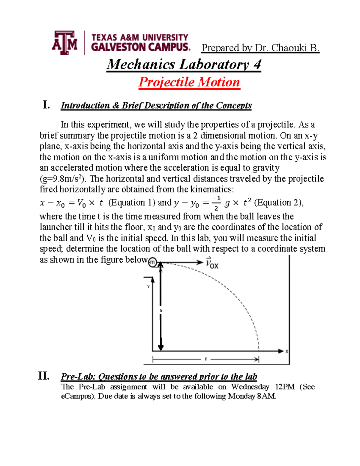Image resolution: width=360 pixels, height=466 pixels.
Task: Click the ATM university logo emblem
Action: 64,43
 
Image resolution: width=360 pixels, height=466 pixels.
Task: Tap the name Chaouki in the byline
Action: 289,48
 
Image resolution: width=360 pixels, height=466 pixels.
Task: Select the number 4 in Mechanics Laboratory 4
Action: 257,65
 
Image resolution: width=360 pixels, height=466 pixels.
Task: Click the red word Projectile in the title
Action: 166,82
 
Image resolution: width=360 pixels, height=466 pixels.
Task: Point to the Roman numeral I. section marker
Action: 46,105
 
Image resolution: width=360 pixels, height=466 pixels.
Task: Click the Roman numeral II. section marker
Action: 44,376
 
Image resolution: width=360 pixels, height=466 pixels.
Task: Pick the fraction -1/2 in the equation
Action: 216,203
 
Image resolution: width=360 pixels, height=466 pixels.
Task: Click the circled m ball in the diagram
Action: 153,262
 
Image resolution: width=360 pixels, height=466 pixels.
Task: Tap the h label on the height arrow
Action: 161,310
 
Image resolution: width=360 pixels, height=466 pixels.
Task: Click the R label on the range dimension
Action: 206,359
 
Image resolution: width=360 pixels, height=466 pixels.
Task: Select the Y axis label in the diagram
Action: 148,287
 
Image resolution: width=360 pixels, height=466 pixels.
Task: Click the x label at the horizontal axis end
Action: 287,351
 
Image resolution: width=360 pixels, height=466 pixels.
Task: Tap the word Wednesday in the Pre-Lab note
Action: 250,387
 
